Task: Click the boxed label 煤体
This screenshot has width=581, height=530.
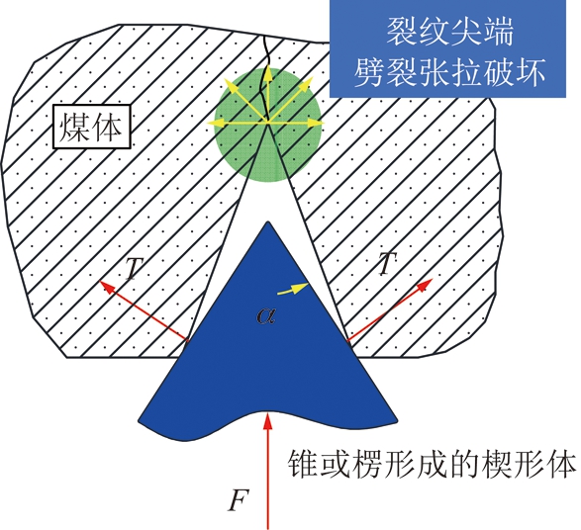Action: [x=92, y=127]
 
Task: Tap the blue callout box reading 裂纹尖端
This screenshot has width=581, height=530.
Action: [x=447, y=48]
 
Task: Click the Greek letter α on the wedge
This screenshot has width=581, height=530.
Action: [x=265, y=315]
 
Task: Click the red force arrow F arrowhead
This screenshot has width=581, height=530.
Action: [x=267, y=420]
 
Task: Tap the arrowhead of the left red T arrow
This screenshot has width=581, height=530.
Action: [x=107, y=287]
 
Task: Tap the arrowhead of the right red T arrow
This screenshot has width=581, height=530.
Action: [x=426, y=284]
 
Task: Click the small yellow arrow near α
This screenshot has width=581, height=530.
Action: [x=293, y=289]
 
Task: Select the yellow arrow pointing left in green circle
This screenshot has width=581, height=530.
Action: [x=238, y=123]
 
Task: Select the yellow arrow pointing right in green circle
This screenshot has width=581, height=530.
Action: [x=296, y=123]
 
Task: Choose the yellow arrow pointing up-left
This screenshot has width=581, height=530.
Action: [x=246, y=100]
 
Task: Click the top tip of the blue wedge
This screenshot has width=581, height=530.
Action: [x=267, y=222]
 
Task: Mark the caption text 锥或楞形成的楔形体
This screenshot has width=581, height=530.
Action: [x=433, y=464]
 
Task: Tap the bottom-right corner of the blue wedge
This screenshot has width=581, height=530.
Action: [x=397, y=421]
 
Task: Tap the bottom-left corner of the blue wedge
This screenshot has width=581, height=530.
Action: [x=139, y=421]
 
